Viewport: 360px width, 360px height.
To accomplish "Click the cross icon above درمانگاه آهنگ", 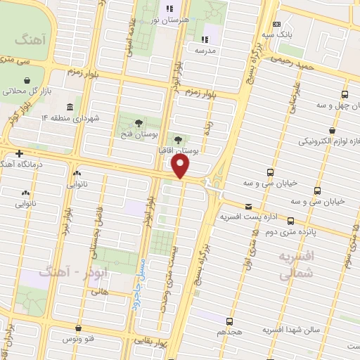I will [19, 153].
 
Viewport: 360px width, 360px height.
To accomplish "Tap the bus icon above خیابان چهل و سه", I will [345, 94].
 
